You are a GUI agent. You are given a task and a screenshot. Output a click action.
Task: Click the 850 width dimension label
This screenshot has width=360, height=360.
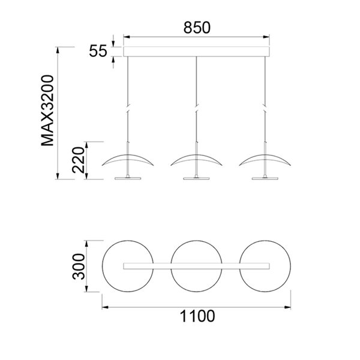click(x=196, y=27)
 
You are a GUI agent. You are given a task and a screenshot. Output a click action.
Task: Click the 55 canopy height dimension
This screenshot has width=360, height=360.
click(x=98, y=51)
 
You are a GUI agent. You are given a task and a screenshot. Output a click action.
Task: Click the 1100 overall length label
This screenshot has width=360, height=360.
click(x=197, y=317)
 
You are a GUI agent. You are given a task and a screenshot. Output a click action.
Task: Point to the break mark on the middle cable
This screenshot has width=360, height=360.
click(x=196, y=109)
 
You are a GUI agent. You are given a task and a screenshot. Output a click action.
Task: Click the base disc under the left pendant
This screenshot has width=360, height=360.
click(x=128, y=177)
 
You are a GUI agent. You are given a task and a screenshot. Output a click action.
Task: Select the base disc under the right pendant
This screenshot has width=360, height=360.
click(x=265, y=177)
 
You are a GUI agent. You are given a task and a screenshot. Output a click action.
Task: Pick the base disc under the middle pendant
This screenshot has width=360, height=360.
click(x=196, y=177)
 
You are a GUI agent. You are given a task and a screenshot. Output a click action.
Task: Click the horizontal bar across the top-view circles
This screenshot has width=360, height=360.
click(x=196, y=265)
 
